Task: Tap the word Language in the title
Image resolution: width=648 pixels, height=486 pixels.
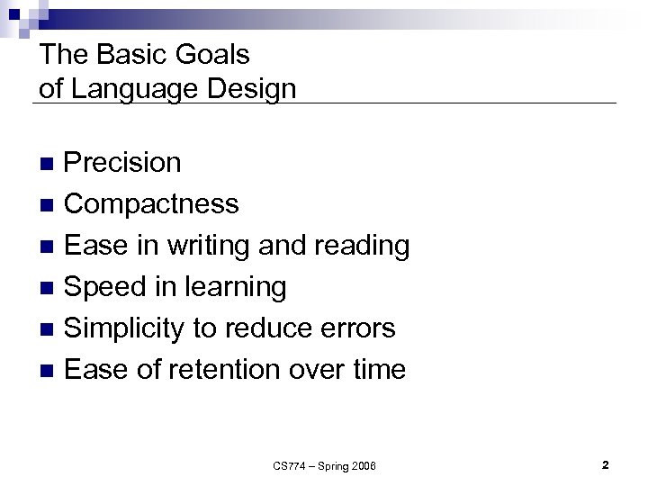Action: click(131, 89)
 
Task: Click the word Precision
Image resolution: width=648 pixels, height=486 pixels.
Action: click(123, 163)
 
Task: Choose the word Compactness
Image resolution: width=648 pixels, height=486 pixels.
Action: click(152, 204)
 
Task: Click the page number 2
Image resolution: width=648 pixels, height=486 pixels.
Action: click(606, 465)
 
